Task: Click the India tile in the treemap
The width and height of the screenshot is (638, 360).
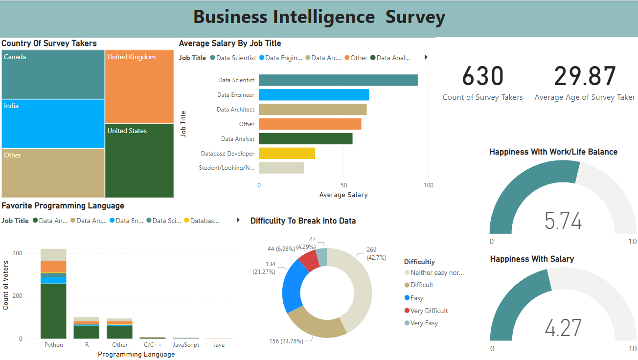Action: coord(53,124)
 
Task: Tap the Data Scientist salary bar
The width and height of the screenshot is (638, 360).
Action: coord(338,80)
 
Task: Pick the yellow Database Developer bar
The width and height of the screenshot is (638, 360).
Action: coord(287,153)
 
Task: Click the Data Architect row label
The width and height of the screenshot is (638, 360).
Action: coord(235,110)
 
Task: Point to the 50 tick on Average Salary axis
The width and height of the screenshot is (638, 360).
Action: coord(344,185)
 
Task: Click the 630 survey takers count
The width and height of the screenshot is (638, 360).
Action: coord(482,77)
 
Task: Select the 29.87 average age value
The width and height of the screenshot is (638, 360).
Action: coord(585,77)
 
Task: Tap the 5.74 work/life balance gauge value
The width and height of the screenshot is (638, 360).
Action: coord(563,221)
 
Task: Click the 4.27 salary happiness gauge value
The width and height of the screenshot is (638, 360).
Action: coord(563,328)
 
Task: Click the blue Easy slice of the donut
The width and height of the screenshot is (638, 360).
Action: coord(292,286)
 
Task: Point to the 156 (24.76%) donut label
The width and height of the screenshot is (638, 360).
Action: coord(286,341)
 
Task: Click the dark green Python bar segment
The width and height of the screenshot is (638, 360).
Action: coord(53,311)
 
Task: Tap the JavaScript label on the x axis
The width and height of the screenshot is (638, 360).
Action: coord(186,345)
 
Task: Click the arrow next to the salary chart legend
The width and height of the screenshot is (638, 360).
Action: coord(426,57)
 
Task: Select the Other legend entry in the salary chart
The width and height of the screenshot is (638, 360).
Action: coord(356,58)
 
